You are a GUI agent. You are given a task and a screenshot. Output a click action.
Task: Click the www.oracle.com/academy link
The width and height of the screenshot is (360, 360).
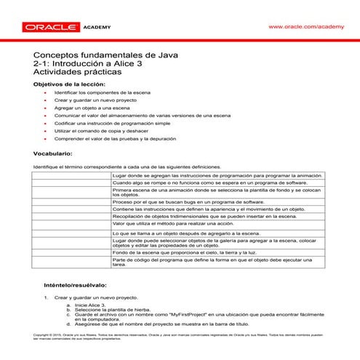point(305,26)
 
